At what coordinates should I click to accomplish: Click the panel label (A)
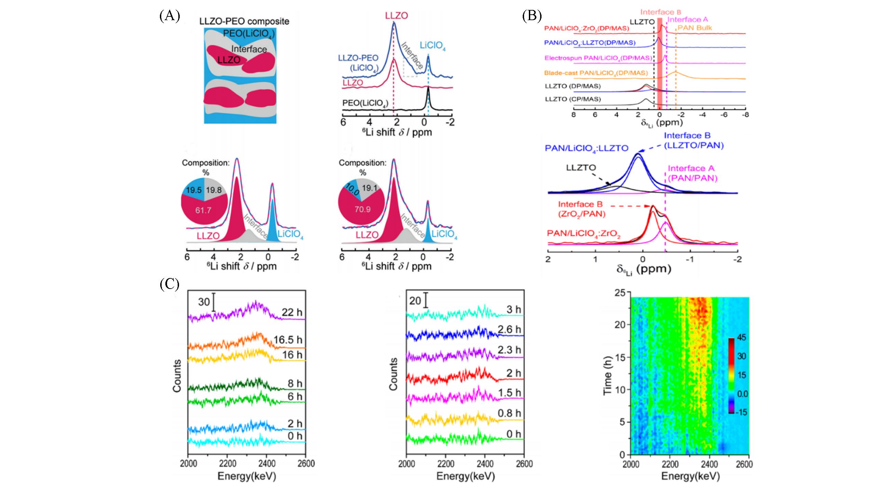169,16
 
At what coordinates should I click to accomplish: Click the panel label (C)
169,284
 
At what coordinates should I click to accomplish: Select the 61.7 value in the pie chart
203,210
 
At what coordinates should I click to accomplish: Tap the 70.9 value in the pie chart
362,209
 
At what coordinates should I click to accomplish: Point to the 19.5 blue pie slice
193,190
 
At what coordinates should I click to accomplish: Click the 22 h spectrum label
292,312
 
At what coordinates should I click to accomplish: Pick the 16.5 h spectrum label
288,340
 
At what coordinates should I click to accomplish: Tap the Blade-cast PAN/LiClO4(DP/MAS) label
596,73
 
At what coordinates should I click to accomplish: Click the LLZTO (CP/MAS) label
573,99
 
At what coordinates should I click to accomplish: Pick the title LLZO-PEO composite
244,21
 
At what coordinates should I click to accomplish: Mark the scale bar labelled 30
214,302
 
